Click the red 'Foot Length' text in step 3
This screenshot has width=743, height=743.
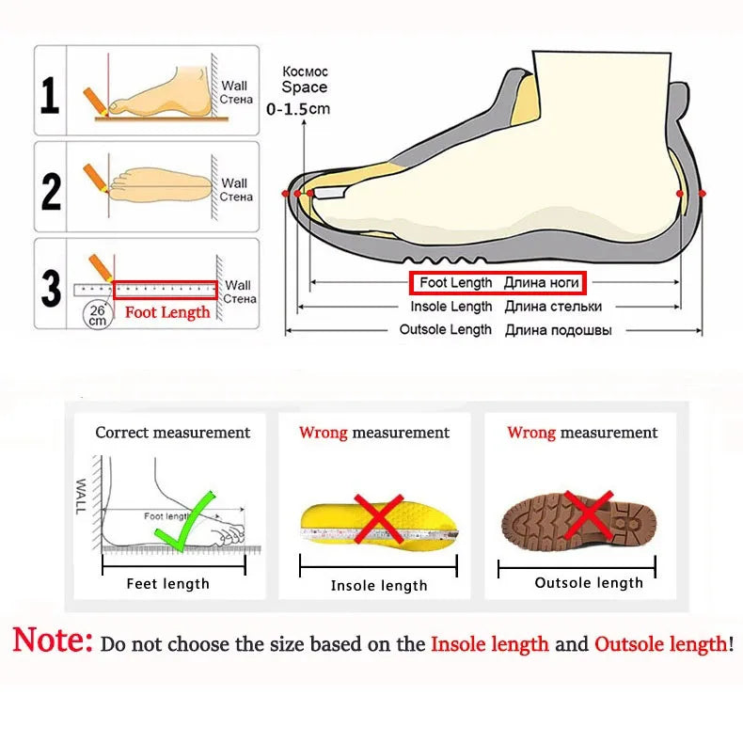point(167,312)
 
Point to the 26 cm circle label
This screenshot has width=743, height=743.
point(97,314)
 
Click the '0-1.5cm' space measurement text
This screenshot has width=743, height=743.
point(299,109)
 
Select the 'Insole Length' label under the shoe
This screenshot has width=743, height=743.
point(451,307)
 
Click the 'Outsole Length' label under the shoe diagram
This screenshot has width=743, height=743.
point(445,330)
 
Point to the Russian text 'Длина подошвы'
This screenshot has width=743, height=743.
point(558,330)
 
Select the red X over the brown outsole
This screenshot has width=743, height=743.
point(589,515)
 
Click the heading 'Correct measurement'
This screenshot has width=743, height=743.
point(173,433)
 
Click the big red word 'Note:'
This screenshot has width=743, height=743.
point(53,642)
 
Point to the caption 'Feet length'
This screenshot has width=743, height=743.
point(168,584)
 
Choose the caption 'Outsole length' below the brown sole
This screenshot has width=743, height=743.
point(589,583)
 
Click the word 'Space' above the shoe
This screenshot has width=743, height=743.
point(305,87)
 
